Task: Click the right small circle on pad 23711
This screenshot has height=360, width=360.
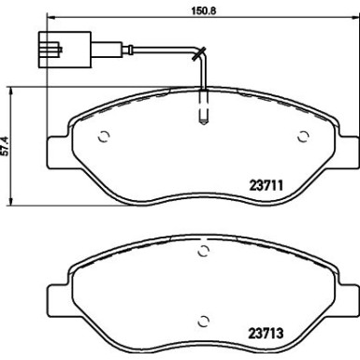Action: pyautogui.click(x=303, y=137)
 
